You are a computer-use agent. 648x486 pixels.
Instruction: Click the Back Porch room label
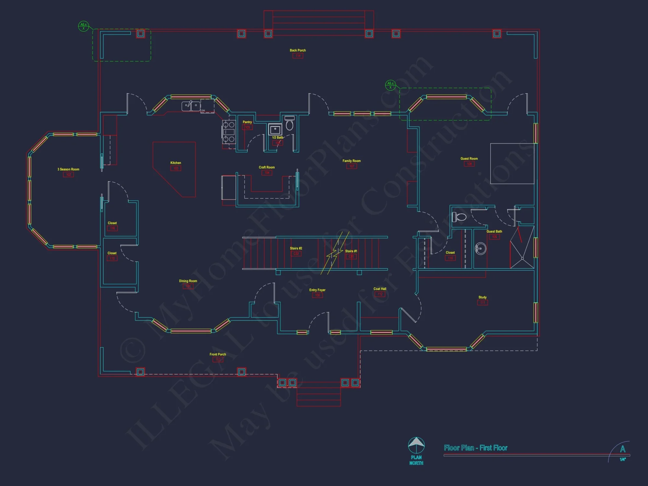point(297,50)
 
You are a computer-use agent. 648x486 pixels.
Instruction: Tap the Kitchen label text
point(176,163)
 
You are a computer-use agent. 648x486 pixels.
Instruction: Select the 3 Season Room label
point(68,169)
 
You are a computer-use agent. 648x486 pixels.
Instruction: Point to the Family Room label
point(352,161)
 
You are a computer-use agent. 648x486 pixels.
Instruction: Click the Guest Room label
point(469,158)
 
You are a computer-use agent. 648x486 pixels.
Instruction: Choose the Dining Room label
point(188,281)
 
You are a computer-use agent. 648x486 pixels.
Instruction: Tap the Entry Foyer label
point(317,290)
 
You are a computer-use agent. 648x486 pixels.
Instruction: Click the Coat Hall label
point(380,289)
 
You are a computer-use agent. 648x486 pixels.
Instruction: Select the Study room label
point(482,297)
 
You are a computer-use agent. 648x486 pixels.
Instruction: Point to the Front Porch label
point(218,354)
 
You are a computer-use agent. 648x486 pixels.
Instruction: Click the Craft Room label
point(267,167)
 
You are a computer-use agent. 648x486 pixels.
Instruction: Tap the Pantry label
point(247,122)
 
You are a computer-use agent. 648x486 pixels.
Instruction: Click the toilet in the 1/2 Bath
point(290,123)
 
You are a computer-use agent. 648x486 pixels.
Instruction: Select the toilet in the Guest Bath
point(459,217)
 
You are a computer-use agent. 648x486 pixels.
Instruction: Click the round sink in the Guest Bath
point(480,249)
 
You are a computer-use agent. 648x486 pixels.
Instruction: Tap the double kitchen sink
point(191,106)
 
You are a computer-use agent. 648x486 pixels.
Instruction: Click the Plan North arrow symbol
point(416,445)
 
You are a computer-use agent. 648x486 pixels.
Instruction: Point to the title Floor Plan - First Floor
point(475,448)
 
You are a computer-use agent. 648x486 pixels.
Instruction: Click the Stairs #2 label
point(296,248)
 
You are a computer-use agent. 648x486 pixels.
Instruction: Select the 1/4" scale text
point(623,459)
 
